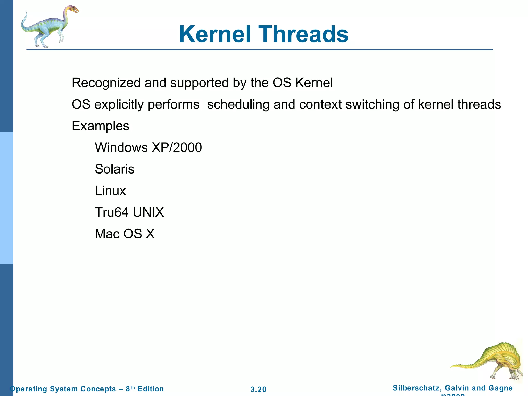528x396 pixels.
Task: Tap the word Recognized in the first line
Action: click(x=106, y=83)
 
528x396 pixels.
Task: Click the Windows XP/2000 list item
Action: click(x=148, y=147)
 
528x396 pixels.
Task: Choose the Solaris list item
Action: click(x=114, y=169)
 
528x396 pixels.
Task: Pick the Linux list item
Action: click(x=110, y=191)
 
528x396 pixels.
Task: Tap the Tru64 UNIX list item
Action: click(x=129, y=212)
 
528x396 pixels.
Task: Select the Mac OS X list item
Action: click(x=125, y=234)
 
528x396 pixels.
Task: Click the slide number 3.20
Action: click(x=258, y=389)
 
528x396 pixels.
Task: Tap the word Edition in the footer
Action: click(x=151, y=389)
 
